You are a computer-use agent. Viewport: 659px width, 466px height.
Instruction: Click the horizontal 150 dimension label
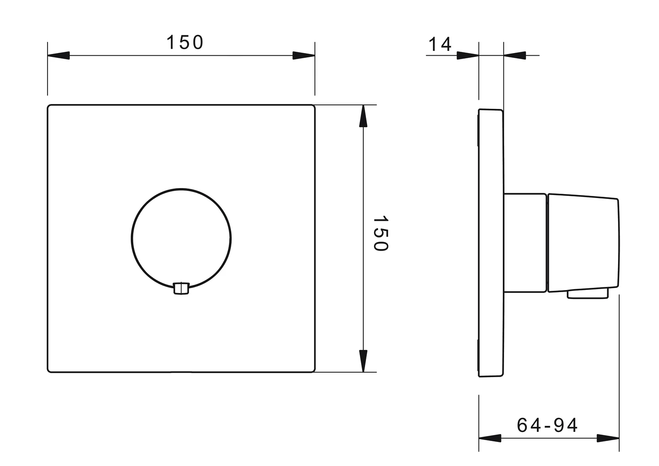click(x=184, y=42)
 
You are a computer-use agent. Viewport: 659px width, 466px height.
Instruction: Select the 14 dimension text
click(x=440, y=44)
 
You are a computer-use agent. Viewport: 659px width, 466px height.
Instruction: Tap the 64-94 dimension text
click(x=547, y=425)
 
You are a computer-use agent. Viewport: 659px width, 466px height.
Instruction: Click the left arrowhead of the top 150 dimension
click(x=59, y=56)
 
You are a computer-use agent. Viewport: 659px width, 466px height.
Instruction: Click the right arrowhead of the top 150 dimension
click(x=303, y=56)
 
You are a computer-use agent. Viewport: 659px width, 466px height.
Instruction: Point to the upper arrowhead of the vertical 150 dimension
click(x=363, y=116)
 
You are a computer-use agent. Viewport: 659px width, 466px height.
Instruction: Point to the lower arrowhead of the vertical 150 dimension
click(x=363, y=360)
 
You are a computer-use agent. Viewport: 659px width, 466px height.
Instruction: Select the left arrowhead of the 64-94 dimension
click(x=490, y=438)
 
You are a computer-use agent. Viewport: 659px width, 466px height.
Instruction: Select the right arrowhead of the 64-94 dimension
click(x=608, y=438)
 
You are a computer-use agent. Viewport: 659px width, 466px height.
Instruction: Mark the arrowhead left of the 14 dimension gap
click(x=468, y=55)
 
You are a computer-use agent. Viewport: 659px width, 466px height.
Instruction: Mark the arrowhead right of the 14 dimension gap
click(x=514, y=55)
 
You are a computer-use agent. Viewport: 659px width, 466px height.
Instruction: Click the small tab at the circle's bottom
click(x=181, y=288)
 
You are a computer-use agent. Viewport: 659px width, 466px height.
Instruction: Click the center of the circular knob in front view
click(x=181, y=238)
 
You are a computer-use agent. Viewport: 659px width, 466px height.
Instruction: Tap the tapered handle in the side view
click(x=583, y=243)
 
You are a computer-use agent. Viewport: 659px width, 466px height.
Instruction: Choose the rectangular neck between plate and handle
click(x=525, y=243)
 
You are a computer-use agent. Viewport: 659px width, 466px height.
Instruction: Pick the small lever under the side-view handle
click(x=588, y=293)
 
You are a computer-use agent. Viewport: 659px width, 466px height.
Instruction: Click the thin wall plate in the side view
click(x=491, y=243)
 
